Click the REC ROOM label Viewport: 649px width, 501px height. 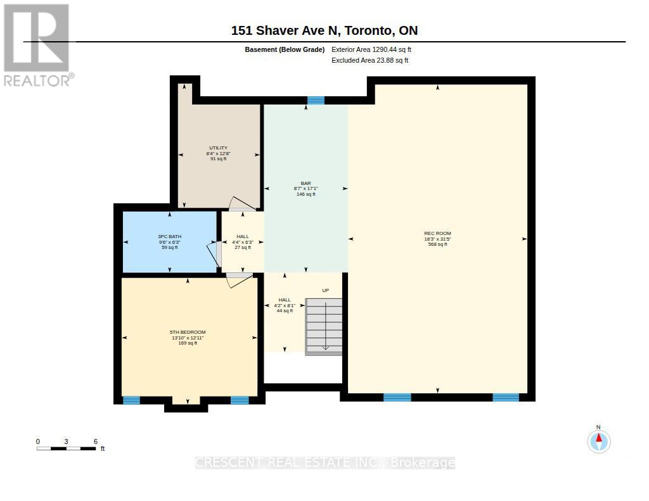(x=437, y=233)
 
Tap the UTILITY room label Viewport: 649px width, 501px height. (x=218, y=148)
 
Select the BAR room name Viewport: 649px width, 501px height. (x=306, y=183)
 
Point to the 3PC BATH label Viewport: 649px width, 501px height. (x=170, y=237)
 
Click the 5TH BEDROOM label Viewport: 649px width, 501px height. (x=188, y=333)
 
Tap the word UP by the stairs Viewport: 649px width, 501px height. (x=326, y=291)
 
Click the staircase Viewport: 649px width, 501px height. (x=324, y=327)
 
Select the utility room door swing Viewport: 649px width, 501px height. (x=243, y=203)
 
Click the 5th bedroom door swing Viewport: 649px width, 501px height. (x=239, y=280)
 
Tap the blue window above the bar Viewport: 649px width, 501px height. (x=316, y=101)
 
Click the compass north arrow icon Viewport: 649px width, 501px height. (x=599, y=441)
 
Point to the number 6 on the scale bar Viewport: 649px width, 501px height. (x=96, y=441)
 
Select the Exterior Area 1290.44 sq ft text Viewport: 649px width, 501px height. (x=371, y=49)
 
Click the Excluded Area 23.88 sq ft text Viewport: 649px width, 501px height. (x=370, y=60)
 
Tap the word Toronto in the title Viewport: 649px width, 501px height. (x=369, y=30)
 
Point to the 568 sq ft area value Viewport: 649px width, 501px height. (x=437, y=244)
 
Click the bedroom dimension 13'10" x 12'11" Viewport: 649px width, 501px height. (x=188, y=338)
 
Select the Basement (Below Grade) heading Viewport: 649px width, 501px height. (x=285, y=49)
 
